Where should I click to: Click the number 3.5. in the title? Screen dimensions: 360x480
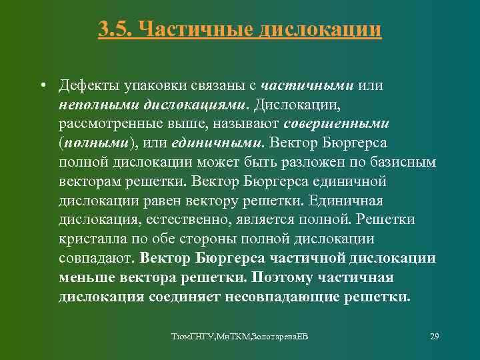[x=117, y=29]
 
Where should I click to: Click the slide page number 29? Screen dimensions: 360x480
[x=434, y=335]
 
